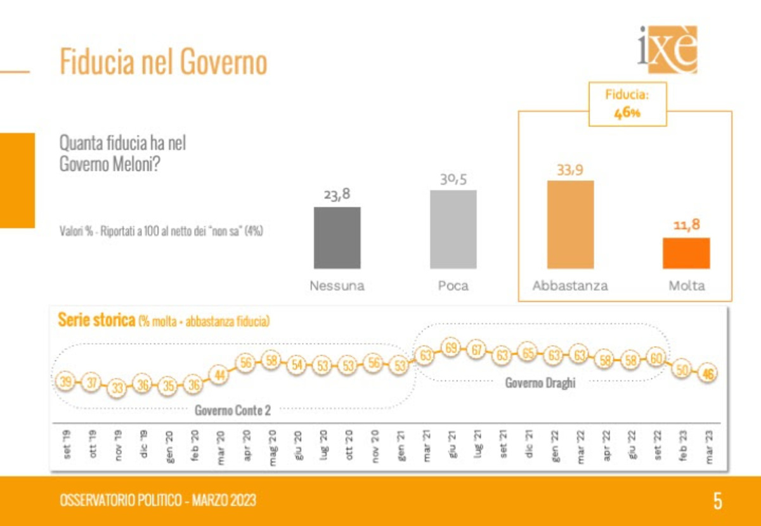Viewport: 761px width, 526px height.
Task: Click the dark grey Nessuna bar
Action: (337, 238)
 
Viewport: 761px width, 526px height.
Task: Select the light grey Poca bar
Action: (453, 229)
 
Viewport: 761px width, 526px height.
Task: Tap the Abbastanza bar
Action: (570, 224)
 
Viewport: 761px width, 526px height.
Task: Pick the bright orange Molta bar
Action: (686, 253)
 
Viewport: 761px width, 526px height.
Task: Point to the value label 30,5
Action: (453, 179)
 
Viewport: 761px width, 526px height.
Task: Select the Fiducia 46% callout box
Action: (627, 104)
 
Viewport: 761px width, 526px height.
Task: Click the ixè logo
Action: (667, 49)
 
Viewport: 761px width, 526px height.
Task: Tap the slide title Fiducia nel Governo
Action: (163, 63)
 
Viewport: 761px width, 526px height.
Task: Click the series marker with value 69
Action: (451, 348)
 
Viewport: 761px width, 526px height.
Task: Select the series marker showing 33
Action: (116, 387)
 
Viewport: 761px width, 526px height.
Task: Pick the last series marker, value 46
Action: (708, 375)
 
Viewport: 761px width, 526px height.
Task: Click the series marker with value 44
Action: (219, 376)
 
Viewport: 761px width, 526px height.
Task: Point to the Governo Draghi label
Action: (540, 383)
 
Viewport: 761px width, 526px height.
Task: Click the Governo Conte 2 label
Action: (232, 410)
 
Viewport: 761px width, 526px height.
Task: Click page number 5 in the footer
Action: (717, 501)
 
